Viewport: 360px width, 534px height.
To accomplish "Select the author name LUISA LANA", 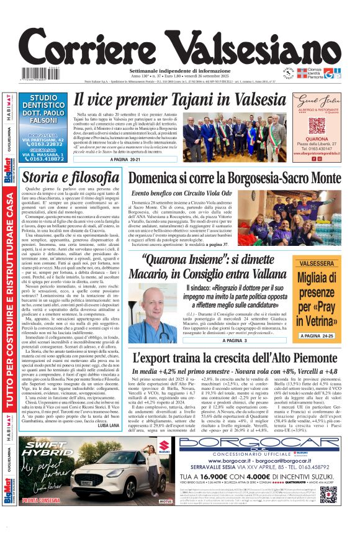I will point(108,425).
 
